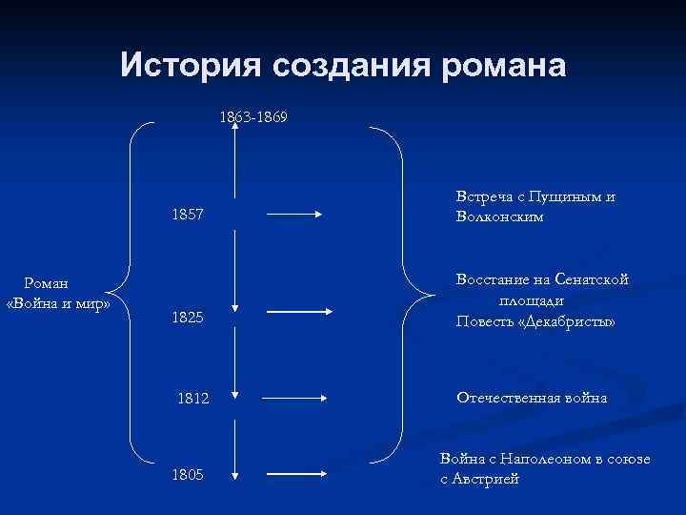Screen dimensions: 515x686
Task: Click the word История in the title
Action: [190, 65]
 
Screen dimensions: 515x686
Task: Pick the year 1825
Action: [188, 318]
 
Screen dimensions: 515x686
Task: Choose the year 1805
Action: [188, 474]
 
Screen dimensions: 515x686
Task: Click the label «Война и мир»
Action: [59, 303]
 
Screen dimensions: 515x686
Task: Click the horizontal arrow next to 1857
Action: [298, 215]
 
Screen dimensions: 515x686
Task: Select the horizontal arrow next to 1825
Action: [298, 311]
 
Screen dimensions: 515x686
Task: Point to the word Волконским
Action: [500, 216]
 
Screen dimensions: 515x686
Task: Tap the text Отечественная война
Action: [532, 397]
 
